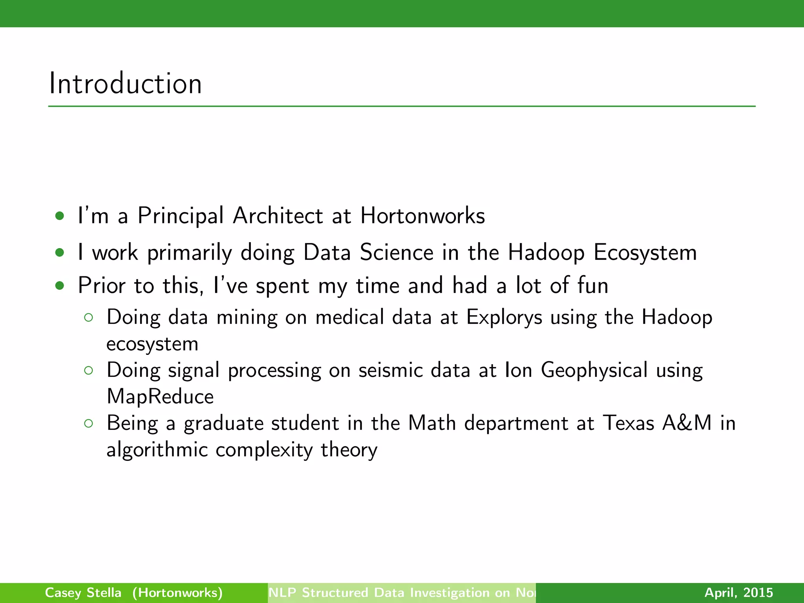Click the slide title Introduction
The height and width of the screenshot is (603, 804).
(x=125, y=84)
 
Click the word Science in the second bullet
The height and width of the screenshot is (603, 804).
(x=397, y=252)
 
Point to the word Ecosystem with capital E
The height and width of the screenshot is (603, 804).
(x=645, y=252)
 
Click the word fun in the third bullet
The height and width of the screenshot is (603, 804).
(x=593, y=285)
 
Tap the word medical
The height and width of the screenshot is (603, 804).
(x=349, y=317)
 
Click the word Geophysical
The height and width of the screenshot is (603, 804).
(x=594, y=370)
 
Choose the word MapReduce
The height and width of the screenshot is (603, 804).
(x=160, y=397)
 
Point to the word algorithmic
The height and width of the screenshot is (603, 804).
(x=157, y=450)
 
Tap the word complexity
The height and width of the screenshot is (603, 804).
(x=264, y=450)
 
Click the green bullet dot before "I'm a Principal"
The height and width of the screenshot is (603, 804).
(x=60, y=216)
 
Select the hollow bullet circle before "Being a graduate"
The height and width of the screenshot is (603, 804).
(x=89, y=423)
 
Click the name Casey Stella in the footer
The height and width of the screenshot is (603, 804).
(x=83, y=592)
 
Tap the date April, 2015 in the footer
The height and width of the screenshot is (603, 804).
(x=738, y=592)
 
